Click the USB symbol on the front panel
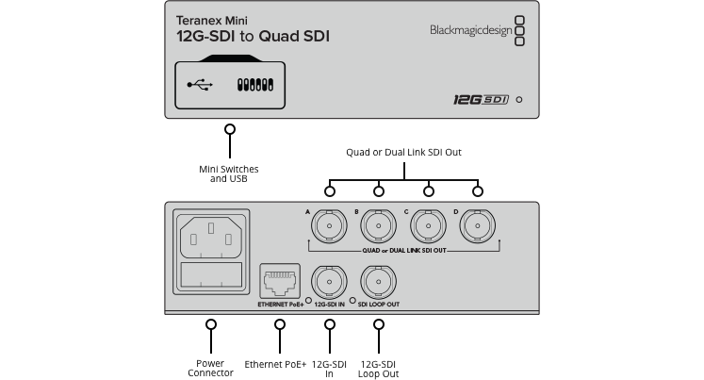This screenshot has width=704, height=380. click(200, 85)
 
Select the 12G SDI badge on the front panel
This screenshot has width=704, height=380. click(475, 99)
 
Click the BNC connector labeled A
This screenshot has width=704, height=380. click(329, 227)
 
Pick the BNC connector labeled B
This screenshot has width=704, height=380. click(378, 227)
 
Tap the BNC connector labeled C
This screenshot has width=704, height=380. click(428, 227)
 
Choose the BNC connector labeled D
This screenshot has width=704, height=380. click(477, 227)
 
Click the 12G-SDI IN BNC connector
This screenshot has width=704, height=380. click(329, 282)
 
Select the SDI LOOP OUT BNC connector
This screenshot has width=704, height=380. click(379, 282)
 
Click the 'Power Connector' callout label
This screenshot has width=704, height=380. click(210, 368)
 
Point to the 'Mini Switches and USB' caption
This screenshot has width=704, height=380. click(228, 173)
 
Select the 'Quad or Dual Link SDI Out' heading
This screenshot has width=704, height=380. click(403, 152)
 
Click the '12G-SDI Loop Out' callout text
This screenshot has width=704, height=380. click(379, 368)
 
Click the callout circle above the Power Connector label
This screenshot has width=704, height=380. click(210, 324)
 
